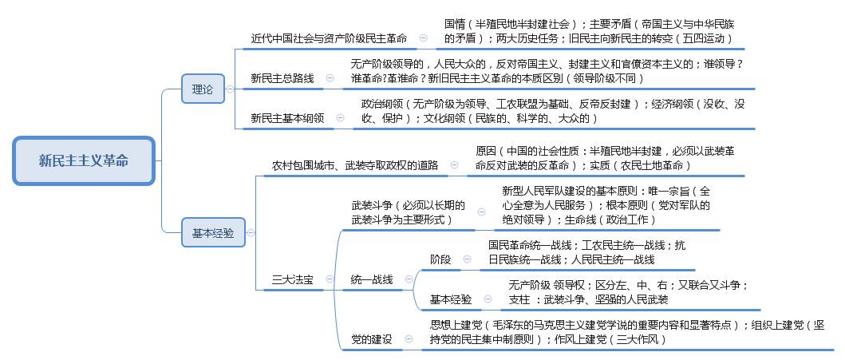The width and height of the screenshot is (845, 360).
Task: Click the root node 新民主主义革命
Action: [x=84, y=160]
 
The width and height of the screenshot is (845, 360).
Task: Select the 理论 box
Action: [x=203, y=89]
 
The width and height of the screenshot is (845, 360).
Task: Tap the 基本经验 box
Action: [x=213, y=233]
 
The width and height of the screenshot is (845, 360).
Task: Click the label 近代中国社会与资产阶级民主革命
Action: [x=330, y=39]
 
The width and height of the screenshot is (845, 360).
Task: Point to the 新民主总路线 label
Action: [x=282, y=79]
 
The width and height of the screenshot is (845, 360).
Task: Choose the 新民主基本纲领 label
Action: [x=288, y=119]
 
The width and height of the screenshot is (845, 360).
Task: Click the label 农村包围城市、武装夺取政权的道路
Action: [x=355, y=165]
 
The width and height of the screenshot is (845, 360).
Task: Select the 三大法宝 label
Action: [x=293, y=279]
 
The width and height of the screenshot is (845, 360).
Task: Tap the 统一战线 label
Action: [x=372, y=279]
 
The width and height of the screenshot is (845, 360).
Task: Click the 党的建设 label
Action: [x=372, y=339]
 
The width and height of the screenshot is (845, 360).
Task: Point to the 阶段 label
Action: [x=440, y=259]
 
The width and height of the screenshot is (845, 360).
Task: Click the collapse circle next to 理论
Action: [x=230, y=89]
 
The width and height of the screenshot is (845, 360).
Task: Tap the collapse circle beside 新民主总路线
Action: [x=330, y=78]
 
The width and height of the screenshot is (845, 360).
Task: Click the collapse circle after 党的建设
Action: [x=409, y=339]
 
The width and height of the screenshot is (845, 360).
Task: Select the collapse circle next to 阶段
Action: [x=468, y=259]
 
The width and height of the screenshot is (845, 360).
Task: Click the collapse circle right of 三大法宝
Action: [x=330, y=279]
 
